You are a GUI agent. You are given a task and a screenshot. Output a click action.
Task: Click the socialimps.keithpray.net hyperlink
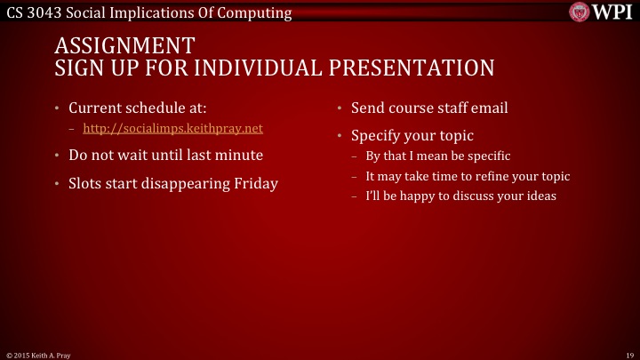point(179,129)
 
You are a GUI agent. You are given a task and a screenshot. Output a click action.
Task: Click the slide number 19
point(628,354)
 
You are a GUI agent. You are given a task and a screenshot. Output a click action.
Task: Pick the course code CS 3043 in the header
point(33,12)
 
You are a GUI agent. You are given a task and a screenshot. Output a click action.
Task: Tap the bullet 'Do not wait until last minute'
point(165,155)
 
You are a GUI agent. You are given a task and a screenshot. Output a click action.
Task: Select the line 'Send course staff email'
point(429,108)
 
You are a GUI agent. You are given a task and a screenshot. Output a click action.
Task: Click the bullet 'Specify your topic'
point(412,136)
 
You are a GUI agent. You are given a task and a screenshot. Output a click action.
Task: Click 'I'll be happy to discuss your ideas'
point(460,196)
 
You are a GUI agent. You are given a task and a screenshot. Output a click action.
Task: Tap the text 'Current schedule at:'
point(138,108)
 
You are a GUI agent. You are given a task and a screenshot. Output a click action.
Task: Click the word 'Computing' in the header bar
point(258,12)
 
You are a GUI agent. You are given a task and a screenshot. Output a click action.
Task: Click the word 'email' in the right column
point(489,108)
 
